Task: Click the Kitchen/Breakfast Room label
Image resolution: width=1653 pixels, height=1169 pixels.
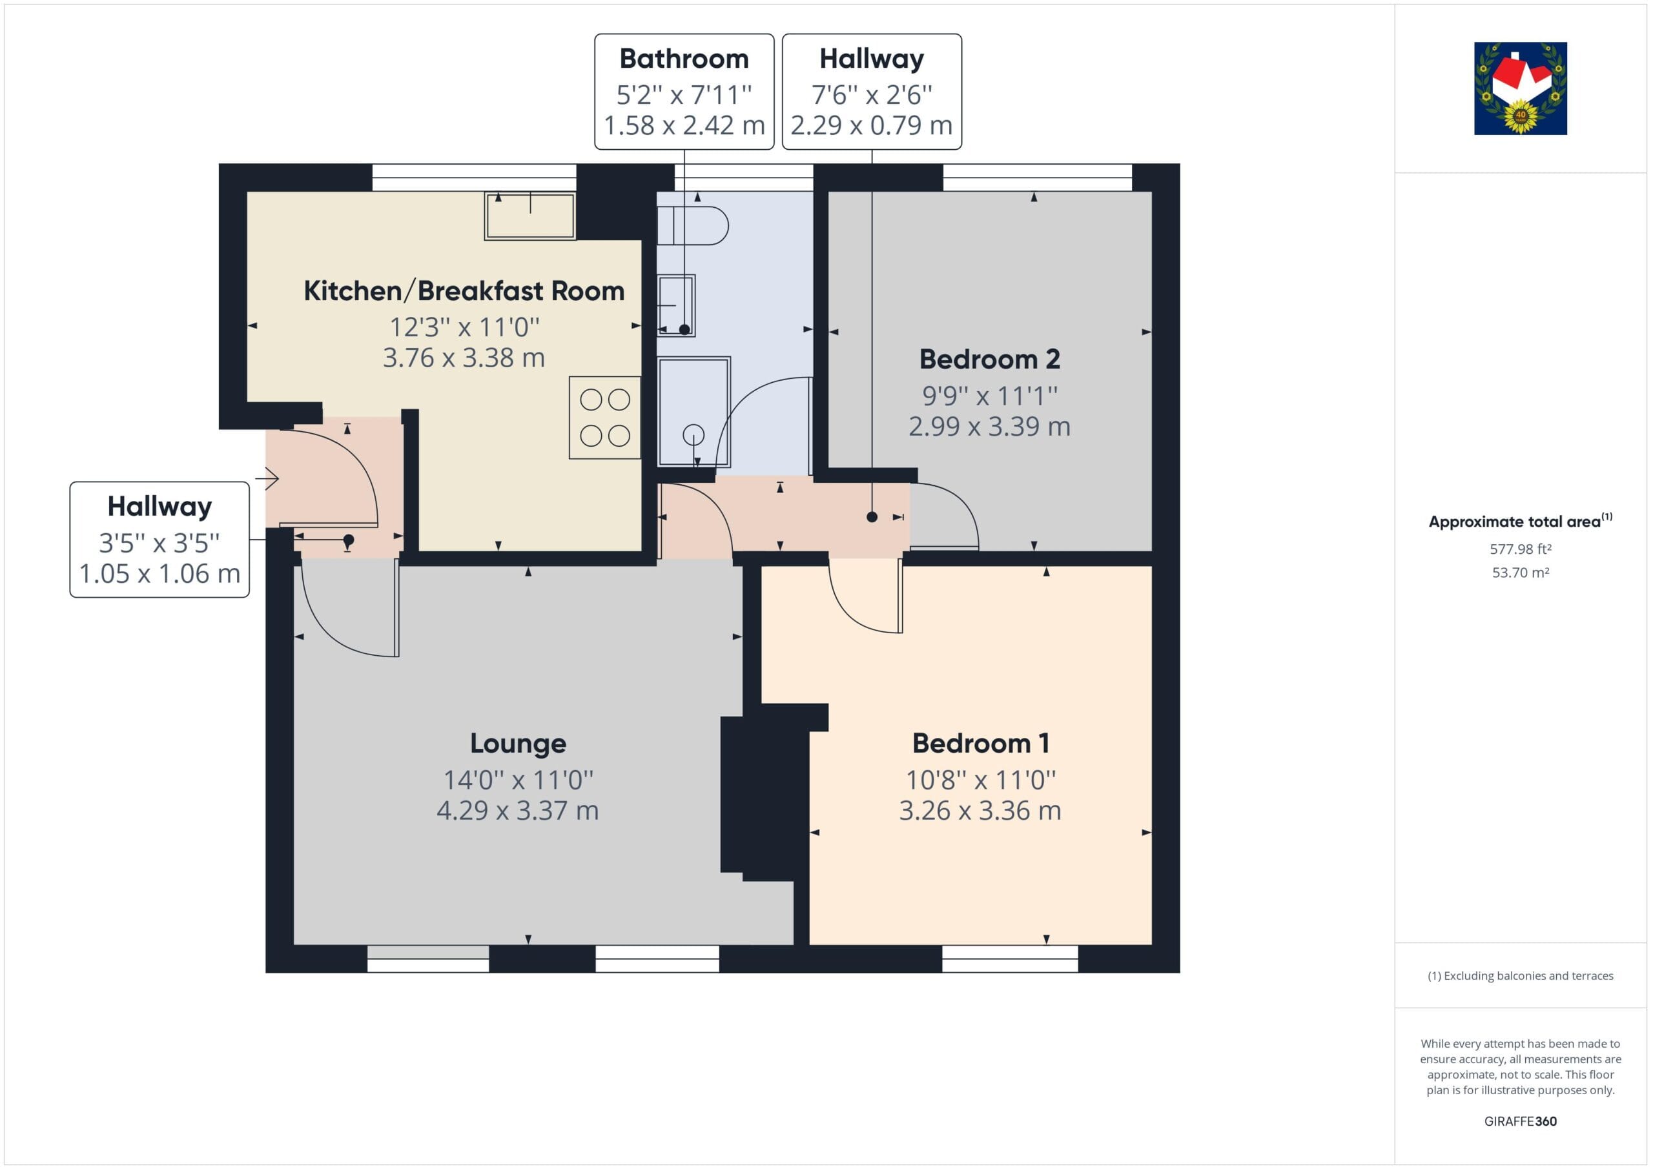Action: pyautogui.click(x=464, y=291)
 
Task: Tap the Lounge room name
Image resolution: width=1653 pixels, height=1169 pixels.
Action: pyautogui.click(x=518, y=744)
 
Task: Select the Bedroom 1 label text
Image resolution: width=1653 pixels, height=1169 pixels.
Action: pyautogui.click(x=981, y=743)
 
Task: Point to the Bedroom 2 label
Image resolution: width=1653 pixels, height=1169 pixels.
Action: pyautogui.click(x=989, y=358)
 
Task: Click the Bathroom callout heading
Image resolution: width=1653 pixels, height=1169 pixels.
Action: pyautogui.click(x=684, y=58)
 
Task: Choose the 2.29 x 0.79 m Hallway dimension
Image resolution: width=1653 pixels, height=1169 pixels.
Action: pyautogui.click(x=871, y=125)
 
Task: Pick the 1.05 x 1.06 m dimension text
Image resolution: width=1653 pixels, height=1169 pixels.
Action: pyautogui.click(x=159, y=574)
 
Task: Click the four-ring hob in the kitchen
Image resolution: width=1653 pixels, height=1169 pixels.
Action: pyautogui.click(x=605, y=418)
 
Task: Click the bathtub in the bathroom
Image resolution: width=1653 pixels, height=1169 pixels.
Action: pyautogui.click(x=694, y=412)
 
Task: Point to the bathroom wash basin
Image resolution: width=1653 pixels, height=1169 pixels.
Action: pyautogui.click(x=676, y=306)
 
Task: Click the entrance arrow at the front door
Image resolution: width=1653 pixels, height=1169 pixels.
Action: pyautogui.click(x=267, y=478)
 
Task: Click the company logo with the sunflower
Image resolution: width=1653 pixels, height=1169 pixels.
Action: pyautogui.click(x=1521, y=88)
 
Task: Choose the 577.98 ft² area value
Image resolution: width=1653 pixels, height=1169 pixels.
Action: pyautogui.click(x=1521, y=549)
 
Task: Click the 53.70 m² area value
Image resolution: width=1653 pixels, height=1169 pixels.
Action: pyautogui.click(x=1521, y=573)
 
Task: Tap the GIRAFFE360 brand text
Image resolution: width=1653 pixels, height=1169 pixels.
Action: pyautogui.click(x=1521, y=1121)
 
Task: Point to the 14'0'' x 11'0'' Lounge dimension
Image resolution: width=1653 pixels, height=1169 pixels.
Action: pyautogui.click(x=518, y=780)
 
